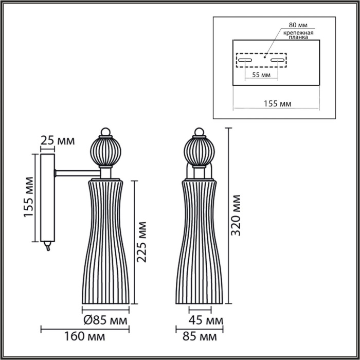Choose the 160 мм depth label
point(84,337)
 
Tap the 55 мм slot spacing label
point(261,75)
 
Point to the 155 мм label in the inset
point(276,103)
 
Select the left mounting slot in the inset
point(244,61)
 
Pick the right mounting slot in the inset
point(278,61)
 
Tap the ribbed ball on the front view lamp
point(199,151)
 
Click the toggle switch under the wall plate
point(48,247)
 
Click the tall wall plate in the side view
point(47,197)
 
